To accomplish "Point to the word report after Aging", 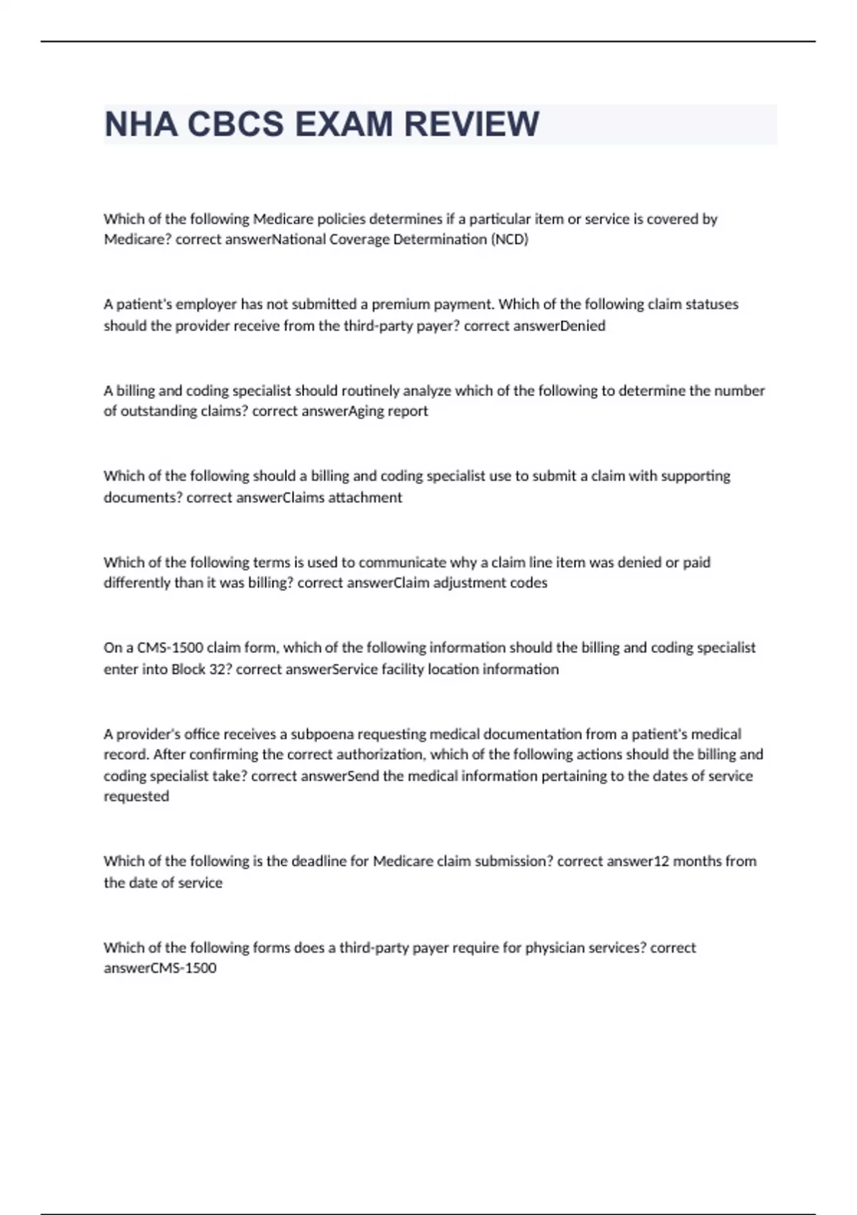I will click(x=408, y=411).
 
